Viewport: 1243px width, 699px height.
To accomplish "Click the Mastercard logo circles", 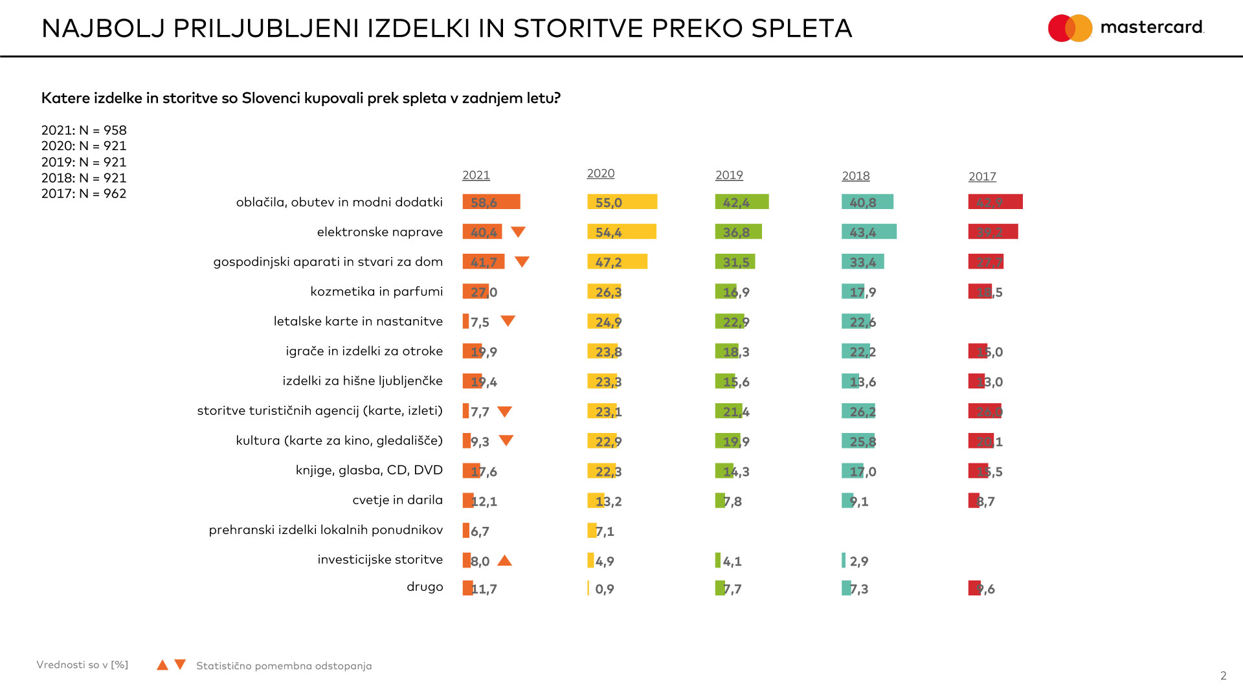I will tap(1070, 28).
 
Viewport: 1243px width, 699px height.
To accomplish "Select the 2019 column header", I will tap(729, 175).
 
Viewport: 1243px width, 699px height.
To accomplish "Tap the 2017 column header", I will tap(982, 177).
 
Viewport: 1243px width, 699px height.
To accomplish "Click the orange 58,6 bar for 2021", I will tap(491, 202).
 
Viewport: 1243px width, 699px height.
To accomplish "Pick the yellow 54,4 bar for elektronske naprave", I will tap(621, 232).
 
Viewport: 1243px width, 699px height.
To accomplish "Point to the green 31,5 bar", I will tap(735, 261).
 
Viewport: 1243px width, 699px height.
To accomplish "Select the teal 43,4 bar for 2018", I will tap(869, 232).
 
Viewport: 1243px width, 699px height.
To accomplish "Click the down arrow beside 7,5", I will tap(508, 321).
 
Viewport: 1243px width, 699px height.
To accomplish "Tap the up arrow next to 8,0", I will tap(505, 560).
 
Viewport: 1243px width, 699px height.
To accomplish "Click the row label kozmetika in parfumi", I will tap(377, 291).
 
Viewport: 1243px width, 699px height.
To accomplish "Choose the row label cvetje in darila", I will tap(398, 500).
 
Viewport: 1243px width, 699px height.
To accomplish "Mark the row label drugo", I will tap(425, 586).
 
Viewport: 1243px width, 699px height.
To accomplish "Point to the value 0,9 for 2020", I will tap(605, 589).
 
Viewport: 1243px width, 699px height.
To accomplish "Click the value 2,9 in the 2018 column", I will tap(859, 561).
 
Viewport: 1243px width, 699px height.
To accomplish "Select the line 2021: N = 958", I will tap(84, 130).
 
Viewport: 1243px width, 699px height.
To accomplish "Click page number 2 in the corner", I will tap(1223, 676).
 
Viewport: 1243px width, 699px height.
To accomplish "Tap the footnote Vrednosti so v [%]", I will tap(82, 665).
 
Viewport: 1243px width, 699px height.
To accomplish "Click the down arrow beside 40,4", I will tap(518, 232).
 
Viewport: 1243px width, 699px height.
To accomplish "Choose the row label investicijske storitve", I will tap(380, 559).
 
